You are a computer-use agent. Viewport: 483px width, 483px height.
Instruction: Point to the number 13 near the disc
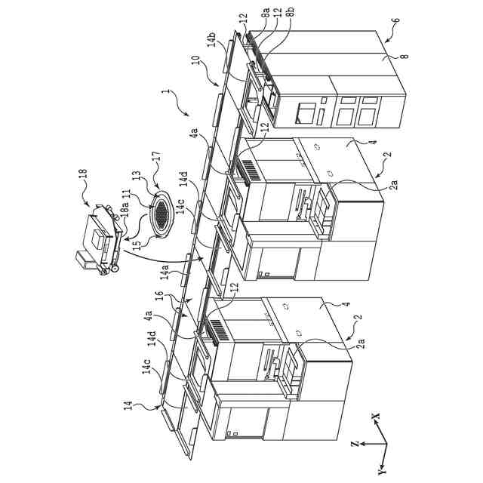(x=137, y=178)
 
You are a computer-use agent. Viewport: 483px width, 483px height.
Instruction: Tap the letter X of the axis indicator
(x=375, y=416)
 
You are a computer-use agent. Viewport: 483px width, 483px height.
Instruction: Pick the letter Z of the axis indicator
(x=354, y=447)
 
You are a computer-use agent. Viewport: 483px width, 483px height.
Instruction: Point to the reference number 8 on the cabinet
(x=385, y=54)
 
